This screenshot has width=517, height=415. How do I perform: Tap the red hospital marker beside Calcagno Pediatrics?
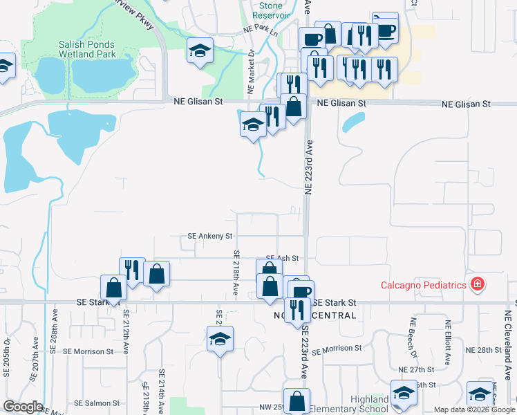[477, 284]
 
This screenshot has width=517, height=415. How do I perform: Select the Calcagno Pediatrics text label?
[424, 285]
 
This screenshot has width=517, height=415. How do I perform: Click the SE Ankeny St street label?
[209, 236]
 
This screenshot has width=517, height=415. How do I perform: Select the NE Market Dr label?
[250, 73]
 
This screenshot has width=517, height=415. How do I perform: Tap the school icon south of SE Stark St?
[220, 339]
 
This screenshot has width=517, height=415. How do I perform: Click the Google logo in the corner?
[22, 407]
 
